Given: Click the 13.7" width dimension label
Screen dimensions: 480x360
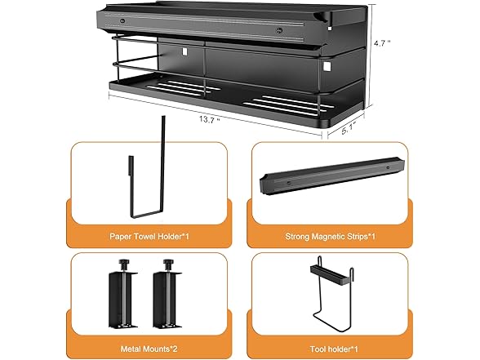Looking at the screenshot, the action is tap(209, 119).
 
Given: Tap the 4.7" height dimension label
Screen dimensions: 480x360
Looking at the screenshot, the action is tap(382, 43).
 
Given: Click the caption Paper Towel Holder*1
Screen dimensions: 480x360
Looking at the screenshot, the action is tap(149, 237).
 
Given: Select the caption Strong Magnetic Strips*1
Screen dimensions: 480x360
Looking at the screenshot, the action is tap(331, 237).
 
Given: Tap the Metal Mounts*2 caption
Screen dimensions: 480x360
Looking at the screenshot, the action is tap(149, 349).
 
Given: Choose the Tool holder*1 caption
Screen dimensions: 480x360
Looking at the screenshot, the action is tap(334, 349).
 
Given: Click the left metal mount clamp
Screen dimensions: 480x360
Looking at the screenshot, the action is tap(122, 293).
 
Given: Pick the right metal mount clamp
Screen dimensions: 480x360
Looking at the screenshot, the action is tap(167, 293).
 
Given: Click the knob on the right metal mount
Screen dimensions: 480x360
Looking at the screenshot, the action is tap(168, 262).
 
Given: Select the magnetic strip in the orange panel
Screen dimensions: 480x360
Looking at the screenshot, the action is tap(332, 176).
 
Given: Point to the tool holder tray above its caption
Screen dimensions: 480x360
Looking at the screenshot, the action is tap(330, 274).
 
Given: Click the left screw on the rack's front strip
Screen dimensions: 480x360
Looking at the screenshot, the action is tap(122, 21).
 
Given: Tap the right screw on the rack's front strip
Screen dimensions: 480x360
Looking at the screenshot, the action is tap(278, 31).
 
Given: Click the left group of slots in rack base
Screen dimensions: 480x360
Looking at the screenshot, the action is tap(183, 87).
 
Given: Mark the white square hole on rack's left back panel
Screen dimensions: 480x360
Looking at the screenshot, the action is tap(184, 51).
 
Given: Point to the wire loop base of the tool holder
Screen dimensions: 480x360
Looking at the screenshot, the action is tap(331, 322).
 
